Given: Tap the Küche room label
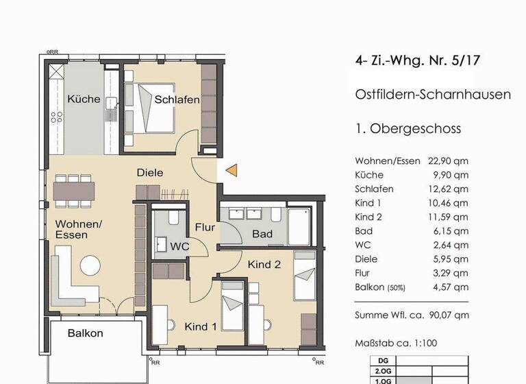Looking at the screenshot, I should (84, 99).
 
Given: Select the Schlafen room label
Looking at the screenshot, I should (177, 100).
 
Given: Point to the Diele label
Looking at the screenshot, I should (150, 173).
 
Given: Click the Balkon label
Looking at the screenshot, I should (86, 333).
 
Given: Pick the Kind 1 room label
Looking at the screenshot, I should (201, 327).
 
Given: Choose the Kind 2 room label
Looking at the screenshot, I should (264, 264).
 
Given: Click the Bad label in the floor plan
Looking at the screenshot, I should (262, 235).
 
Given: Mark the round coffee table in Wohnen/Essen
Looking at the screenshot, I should (90, 265).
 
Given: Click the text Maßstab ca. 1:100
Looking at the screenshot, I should (395, 343).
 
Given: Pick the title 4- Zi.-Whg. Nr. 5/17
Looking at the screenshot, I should (418, 60).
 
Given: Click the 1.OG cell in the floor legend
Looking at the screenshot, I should (381, 381).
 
